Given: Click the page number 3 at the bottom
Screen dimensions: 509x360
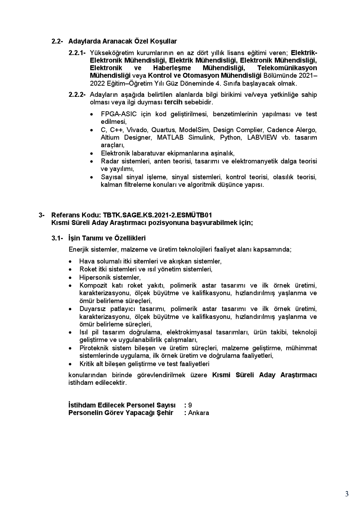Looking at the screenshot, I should point(347,494).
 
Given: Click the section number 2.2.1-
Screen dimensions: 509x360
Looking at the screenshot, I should point(77,53).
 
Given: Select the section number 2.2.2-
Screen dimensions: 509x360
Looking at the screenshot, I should point(77,95).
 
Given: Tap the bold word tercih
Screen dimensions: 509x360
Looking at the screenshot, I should point(174,103).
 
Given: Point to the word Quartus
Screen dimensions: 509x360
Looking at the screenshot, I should point(162,130).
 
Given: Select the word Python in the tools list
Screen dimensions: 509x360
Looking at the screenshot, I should point(230,138).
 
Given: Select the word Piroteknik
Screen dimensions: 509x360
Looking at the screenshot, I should point(94,348).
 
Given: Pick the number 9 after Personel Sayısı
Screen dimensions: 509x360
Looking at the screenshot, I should point(190,405).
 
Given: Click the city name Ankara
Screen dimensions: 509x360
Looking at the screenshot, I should point(198,413).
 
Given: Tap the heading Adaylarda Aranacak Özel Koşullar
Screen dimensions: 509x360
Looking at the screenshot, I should point(122,41).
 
